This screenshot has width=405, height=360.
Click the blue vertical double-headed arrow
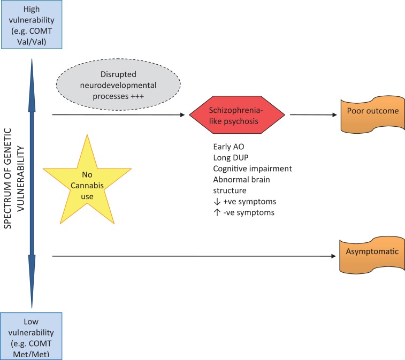tap(32, 182)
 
